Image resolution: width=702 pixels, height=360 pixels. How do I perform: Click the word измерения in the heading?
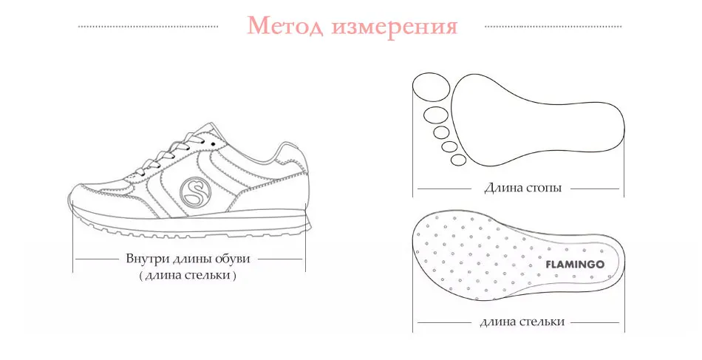coord(395,27)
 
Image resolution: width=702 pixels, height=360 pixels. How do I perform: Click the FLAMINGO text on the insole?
coord(575,263)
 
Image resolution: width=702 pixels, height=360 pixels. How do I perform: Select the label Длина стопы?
coord(522,188)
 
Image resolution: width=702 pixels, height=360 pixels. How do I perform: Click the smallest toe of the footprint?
coord(458,160)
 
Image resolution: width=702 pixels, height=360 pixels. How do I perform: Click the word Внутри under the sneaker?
coord(146,259)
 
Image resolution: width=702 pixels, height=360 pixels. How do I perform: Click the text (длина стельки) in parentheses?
coord(188,276)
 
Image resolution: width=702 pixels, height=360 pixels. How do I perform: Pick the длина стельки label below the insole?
coord(522,322)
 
